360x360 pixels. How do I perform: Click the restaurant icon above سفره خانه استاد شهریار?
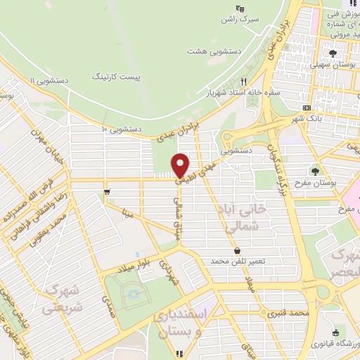[244, 81]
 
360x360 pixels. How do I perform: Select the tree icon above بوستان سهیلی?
[333, 53]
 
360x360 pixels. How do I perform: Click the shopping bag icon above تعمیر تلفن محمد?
[237, 250]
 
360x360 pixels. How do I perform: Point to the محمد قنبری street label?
[292, 312]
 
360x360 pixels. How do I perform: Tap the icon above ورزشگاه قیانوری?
[335, 333]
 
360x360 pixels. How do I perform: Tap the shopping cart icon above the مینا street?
[106, 191]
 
